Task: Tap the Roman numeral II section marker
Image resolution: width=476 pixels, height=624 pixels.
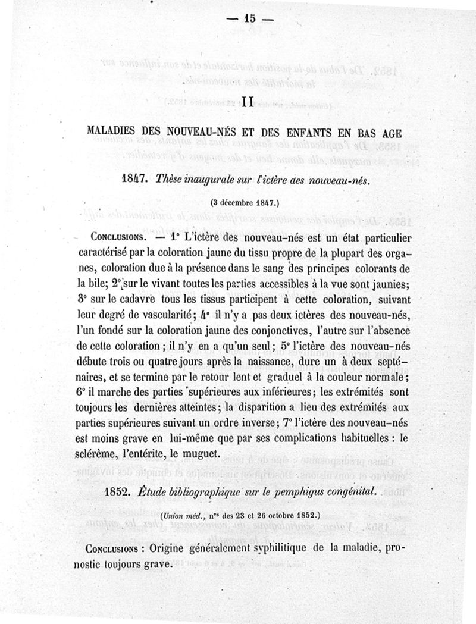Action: tap(249, 102)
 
